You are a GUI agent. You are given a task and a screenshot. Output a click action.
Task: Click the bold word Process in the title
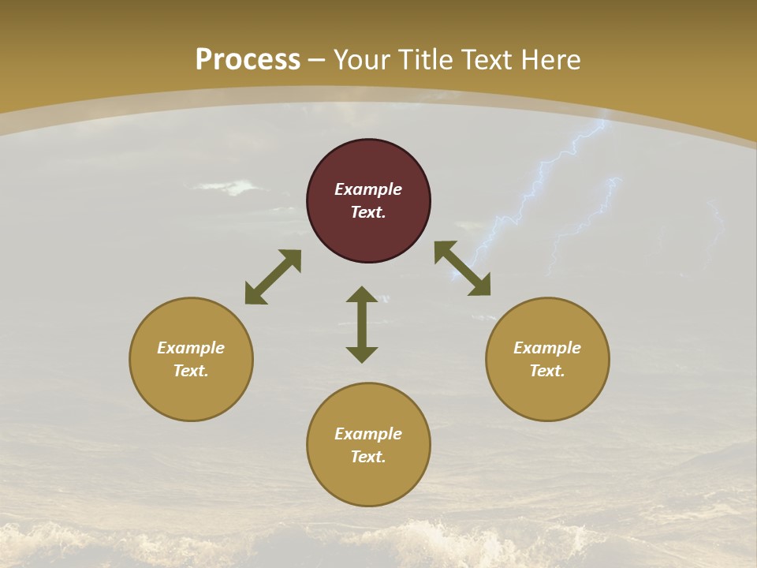click(x=248, y=60)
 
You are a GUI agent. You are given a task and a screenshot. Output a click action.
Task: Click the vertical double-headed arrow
click(x=362, y=324)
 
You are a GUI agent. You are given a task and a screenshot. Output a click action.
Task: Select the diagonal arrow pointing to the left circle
click(x=273, y=277)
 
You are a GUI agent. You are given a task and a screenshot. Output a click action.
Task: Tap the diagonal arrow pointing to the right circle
click(x=462, y=269)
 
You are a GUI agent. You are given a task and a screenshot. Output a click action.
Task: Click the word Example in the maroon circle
click(x=368, y=189)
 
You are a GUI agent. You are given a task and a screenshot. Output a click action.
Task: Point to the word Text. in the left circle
click(x=191, y=371)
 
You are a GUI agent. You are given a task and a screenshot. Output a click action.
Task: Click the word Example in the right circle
click(x=547, y=348)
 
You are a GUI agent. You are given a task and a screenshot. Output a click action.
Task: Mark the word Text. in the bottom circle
click(x=368, y=457)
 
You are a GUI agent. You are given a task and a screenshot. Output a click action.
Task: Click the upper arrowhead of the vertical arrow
click(x=362, y=294)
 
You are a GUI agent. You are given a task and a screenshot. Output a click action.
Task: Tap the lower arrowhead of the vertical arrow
click(x=362, y=354)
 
